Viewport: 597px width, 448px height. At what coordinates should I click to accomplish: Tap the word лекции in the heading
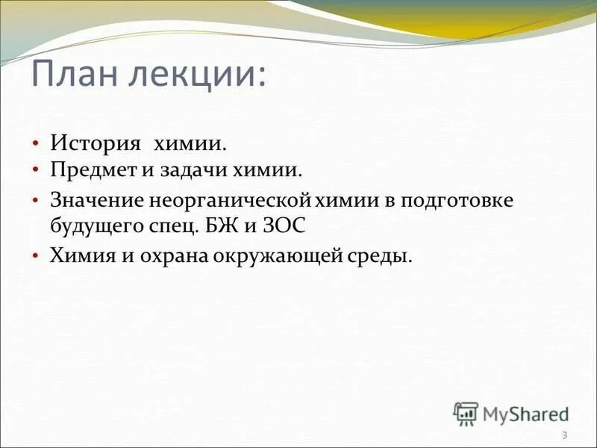(x=200, y=75)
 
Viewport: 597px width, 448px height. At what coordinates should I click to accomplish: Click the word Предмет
(x=91, y=170)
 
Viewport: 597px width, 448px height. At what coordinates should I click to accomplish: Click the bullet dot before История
(x=35, y=142)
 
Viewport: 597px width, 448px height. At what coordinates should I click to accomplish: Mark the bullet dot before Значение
(x=35, y=201)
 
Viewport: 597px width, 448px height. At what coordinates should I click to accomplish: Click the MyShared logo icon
(x=466, y=412)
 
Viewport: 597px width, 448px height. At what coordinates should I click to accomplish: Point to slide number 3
(x=564, y=435)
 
